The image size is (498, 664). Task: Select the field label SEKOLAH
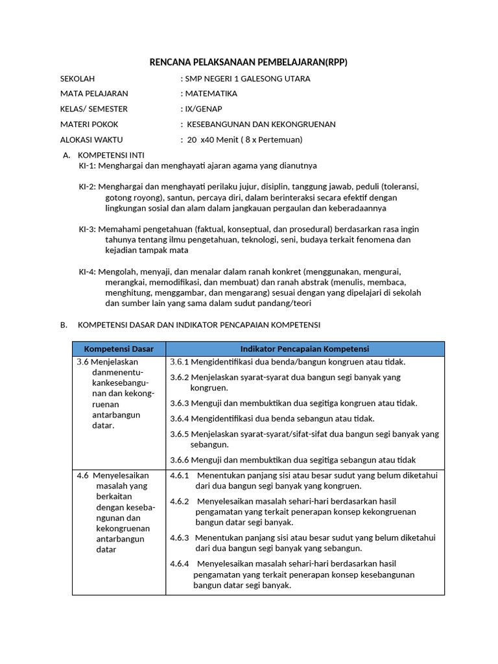click(77, 78)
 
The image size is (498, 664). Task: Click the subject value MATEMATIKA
click(211, 93)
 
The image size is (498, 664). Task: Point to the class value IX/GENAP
click(202, 108)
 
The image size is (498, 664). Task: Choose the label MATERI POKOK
click(89, 124)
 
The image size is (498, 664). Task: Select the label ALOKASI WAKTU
click(91, 139)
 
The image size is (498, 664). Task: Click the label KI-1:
click(88, 165)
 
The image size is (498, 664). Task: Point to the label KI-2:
click(88, 187)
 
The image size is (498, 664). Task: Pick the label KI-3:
click(88, 229)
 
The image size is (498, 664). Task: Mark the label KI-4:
click(88, 272)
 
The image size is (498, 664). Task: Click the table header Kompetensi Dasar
click(119, 349)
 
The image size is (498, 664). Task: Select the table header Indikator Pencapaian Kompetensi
click(305, 349)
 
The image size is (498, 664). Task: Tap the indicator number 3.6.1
click(179, 362)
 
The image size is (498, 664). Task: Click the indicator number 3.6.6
click(179, 460)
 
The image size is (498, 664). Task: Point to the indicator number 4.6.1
click(179, 475)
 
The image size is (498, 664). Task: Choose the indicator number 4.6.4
click(179, 563)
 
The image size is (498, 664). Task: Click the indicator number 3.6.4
click(179, 418)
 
